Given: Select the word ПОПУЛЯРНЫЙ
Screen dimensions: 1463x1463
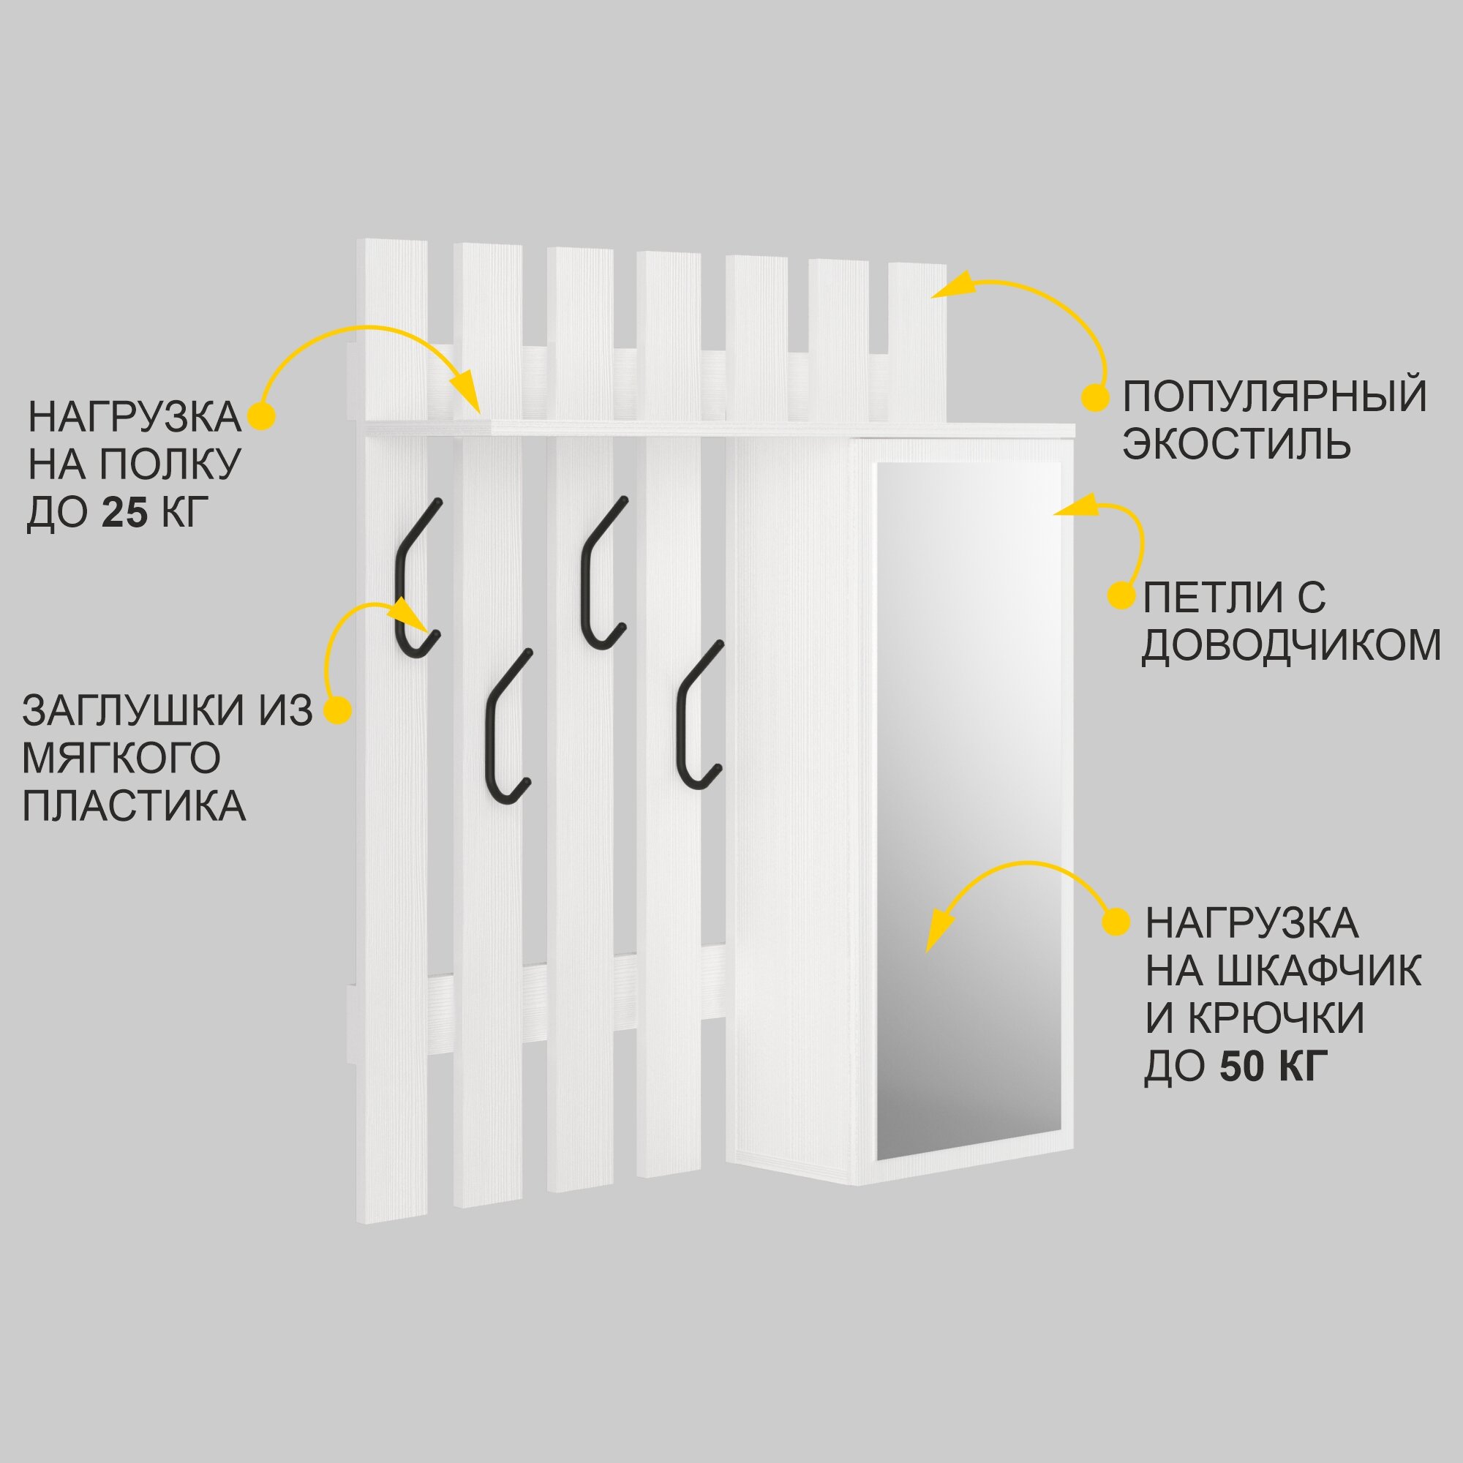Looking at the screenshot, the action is pos(1274,395).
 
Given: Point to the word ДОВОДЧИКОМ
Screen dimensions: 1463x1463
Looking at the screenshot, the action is pos(1291,645).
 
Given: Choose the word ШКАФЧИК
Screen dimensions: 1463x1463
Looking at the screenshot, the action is pos(1317,971).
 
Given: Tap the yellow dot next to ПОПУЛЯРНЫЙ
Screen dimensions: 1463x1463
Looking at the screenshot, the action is pos(1095,396).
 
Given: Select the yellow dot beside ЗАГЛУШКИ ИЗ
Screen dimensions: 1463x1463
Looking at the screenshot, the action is pos(338,710).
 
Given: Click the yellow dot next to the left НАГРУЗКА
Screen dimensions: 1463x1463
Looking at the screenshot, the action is pos(262,415).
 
